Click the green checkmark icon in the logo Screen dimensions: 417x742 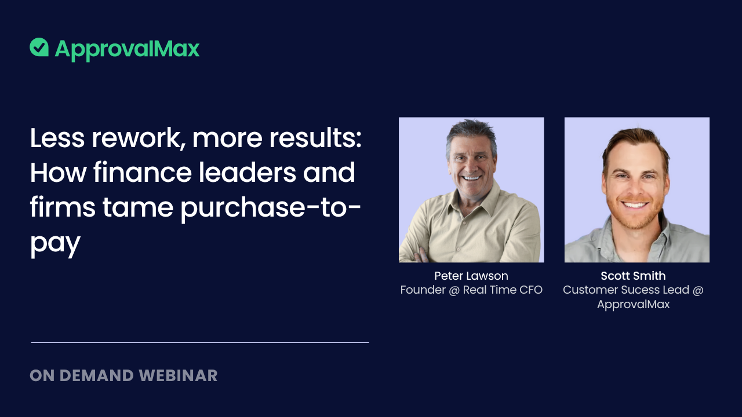click(39, 47)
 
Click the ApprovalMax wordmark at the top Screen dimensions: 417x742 click(127, 49)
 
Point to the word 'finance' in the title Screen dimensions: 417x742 click(141, 173)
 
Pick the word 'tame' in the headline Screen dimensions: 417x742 click(137, 207)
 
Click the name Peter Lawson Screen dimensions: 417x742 click(471, 276)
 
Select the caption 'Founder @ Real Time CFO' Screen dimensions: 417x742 click(471, 290)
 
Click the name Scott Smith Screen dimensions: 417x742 click(633, 276)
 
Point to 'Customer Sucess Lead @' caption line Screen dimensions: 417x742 click(633, 290)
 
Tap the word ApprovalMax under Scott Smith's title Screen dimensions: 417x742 click(633, 304)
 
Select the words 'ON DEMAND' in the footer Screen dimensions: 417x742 click(82, 375)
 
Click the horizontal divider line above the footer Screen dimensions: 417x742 click(199, 342)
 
